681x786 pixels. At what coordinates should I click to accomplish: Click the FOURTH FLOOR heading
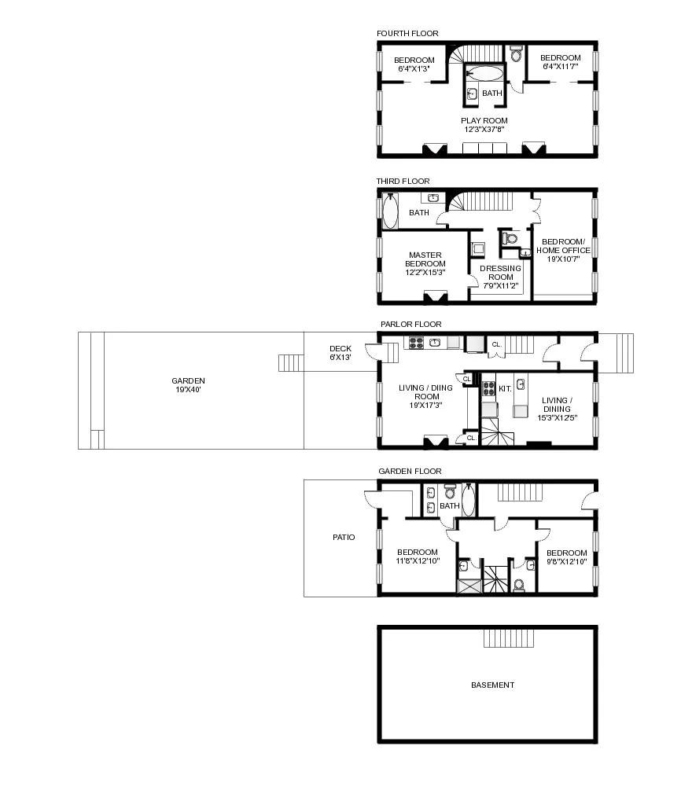tap(407, 33)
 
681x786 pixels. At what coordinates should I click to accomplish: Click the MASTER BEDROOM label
tap(425, 263)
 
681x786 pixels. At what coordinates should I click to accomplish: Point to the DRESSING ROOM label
tap(501, 277)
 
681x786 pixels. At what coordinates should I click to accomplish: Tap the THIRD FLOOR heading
tap(403, 182)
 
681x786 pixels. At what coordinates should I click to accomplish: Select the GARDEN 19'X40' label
tap(188, 385)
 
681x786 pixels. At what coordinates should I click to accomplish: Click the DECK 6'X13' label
tap(340, 353)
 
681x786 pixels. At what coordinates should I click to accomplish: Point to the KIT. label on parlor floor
tap(505, 388)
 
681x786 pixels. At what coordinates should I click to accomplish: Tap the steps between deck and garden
tap(290, 362)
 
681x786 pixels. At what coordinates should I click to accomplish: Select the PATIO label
tap(343, 538)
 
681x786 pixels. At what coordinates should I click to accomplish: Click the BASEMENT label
tap(492, 685)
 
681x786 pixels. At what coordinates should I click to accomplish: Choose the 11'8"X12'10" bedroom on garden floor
tap(417, 556)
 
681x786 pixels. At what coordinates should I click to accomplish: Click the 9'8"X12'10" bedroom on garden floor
tap(566, 556)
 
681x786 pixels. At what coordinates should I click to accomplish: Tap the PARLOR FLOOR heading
tap(410, 324)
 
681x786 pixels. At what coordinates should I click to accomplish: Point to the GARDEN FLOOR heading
tap(410, 471)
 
